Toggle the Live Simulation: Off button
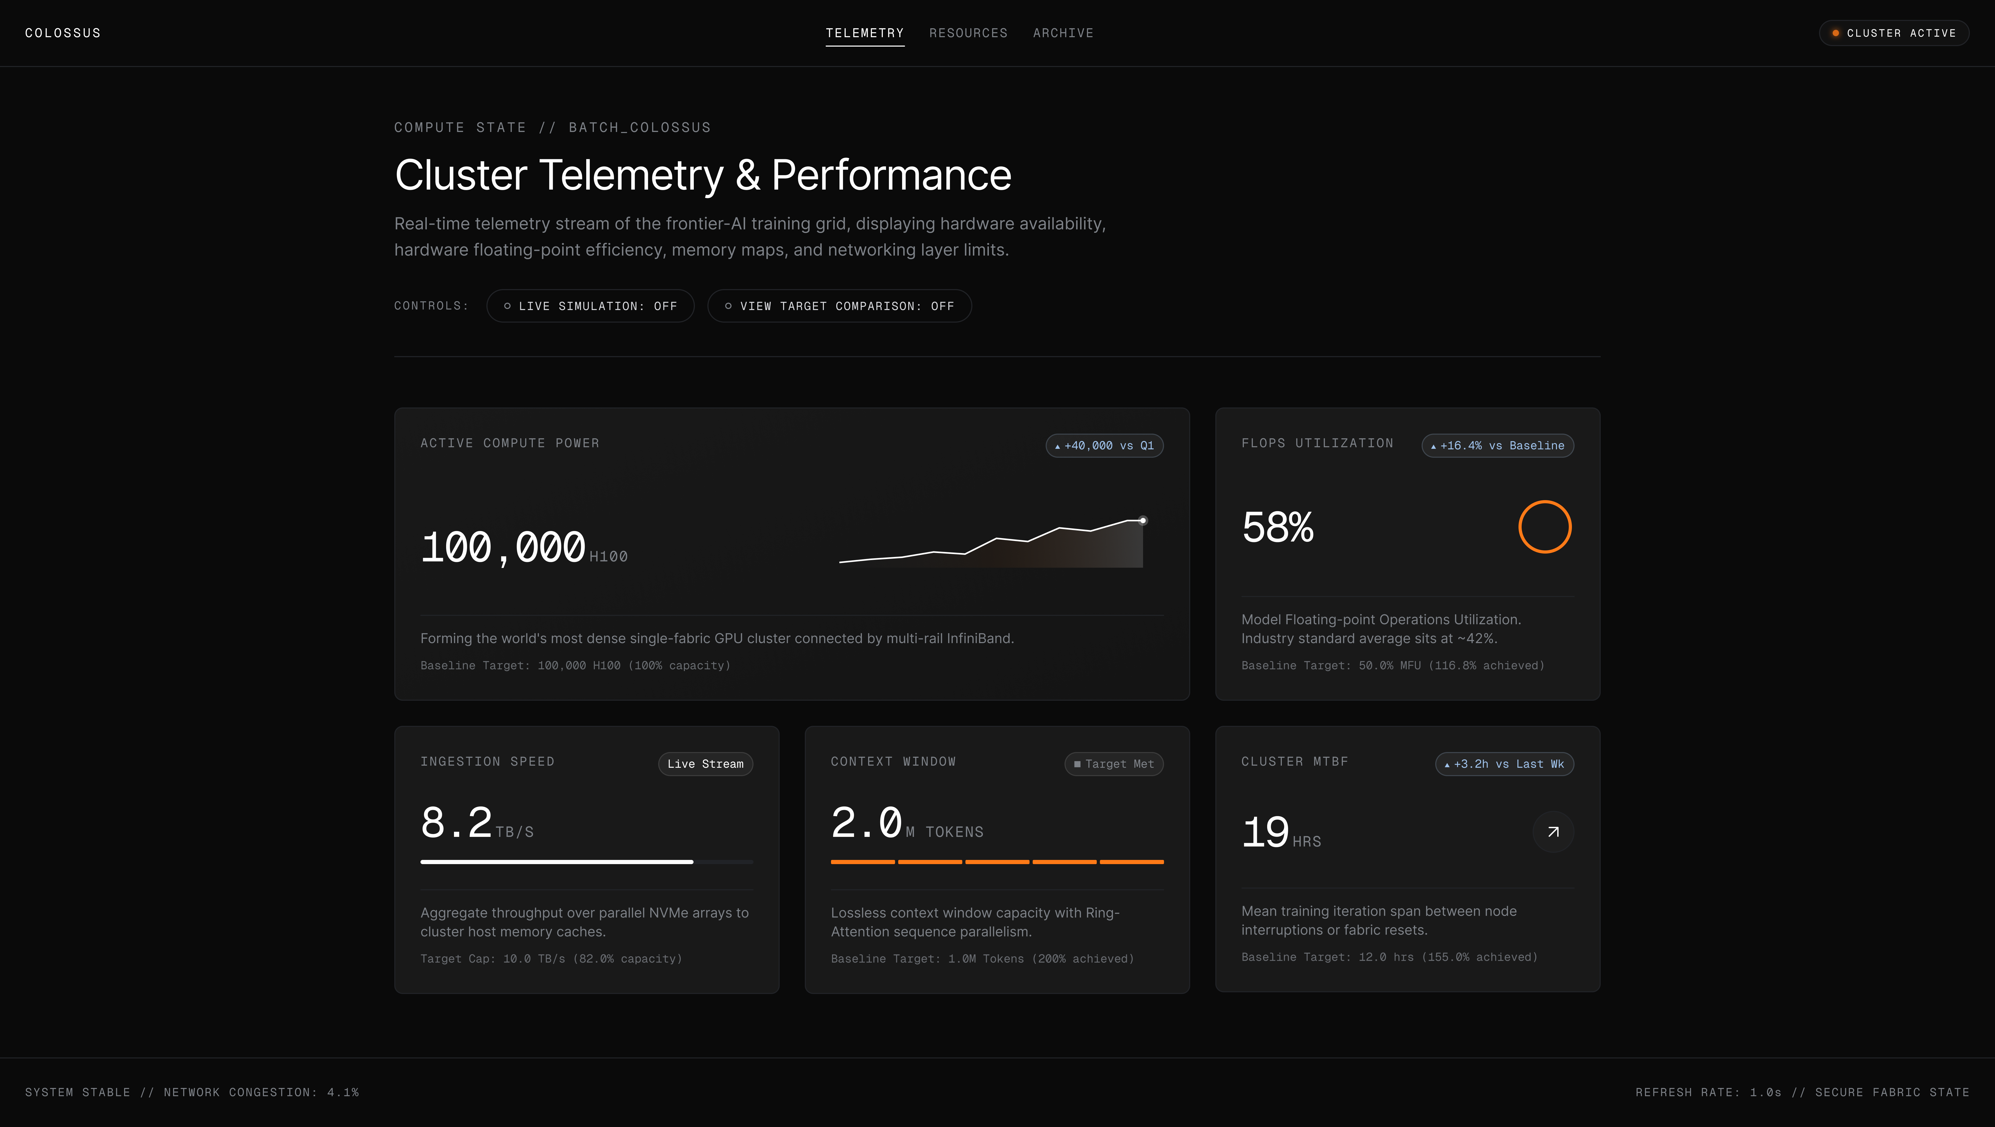590,306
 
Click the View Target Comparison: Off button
840,306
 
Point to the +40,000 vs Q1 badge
1104,445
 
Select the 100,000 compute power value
503,548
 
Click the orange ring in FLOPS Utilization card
1545,501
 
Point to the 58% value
1278,527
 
